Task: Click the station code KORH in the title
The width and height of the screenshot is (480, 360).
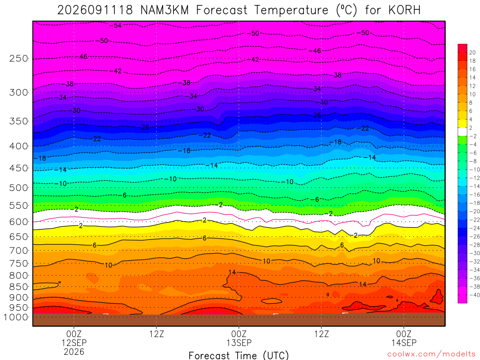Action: (x=405, y=10)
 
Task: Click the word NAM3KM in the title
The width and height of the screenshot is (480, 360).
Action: (x=165, y=10)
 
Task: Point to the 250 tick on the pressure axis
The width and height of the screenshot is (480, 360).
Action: (x=19, y=58)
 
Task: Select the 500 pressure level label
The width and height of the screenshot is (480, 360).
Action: (x=19, y=187)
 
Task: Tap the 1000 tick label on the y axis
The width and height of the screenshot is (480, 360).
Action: (x=16, y=317)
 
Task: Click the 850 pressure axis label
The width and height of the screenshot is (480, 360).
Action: (x=19, y=287)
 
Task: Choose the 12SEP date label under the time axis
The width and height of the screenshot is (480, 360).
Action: (x=74, y=343)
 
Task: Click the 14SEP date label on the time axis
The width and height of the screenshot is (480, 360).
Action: (x=404, y=343)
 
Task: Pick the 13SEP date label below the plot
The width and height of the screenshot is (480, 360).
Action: (x=239, y=343)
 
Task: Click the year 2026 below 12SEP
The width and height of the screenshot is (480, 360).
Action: (x=74, y=352)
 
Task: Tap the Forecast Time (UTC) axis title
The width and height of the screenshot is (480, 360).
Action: (x=239, y=355)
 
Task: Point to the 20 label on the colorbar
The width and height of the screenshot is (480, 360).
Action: (x=472, y=52)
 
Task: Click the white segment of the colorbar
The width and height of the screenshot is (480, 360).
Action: (x=463, y=132)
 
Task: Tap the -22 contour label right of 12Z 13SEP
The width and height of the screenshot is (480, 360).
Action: (x=363, y=128)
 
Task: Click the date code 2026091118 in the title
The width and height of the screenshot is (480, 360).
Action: (x=95, y=10)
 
